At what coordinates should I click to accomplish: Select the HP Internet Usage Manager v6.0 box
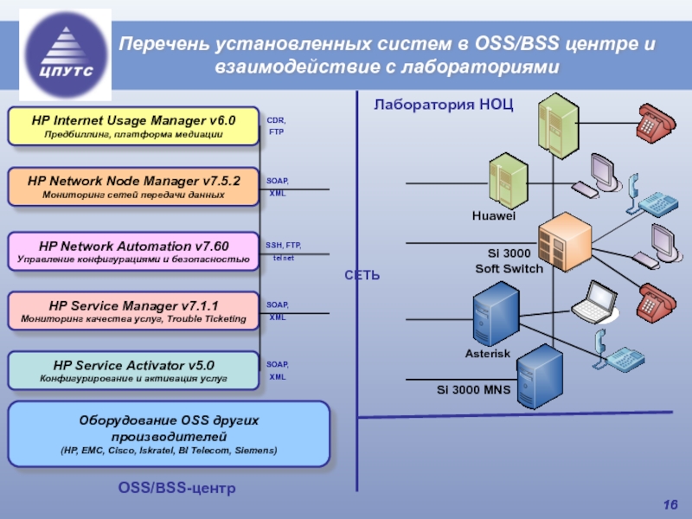133,126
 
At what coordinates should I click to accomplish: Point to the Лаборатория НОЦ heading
444,106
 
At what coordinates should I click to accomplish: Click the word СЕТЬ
363,274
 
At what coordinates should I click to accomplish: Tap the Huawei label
494,215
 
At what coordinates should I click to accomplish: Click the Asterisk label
488,355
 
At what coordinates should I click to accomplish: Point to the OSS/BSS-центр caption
176,490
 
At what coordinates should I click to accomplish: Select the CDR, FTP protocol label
276,126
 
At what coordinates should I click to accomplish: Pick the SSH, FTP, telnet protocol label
283,252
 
